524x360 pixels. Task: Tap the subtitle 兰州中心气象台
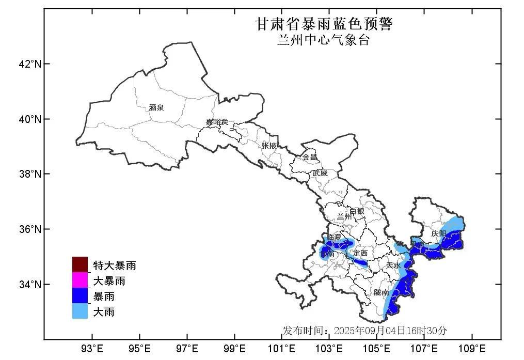324,41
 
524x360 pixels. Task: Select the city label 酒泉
156,107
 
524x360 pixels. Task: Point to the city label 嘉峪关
216,122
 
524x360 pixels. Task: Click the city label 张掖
269,146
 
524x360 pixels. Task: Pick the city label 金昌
310,157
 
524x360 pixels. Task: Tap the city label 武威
320,173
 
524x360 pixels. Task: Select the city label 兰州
344,216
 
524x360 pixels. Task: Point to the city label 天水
393,265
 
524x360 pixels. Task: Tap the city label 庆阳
438,233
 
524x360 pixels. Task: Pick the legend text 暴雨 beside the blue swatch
104,296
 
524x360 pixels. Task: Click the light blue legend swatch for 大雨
80,311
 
